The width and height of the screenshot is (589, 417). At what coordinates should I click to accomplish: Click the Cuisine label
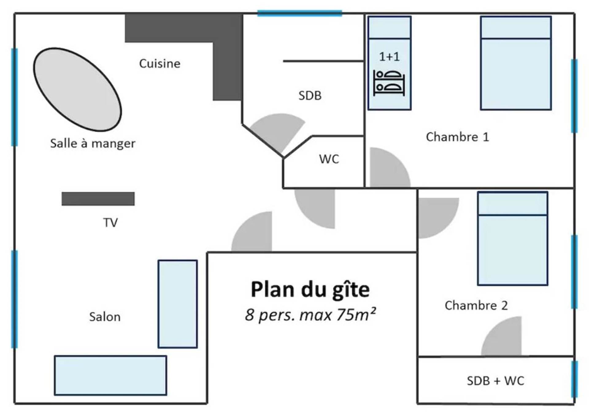(160, 63)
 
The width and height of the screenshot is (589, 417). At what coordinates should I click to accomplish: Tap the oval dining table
(77, 89)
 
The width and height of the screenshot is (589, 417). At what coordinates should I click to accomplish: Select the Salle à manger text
(93, 143)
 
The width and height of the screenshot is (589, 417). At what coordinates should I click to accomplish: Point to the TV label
(110, 223)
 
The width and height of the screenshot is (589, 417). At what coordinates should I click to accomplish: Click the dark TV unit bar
(98, 199)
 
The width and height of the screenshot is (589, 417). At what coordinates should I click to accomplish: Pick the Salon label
(105, 317)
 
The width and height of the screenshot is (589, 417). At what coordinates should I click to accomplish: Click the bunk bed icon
(389, 83)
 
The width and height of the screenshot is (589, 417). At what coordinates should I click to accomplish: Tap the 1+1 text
(389, 57)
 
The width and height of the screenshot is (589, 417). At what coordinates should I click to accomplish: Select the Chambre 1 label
(457, 137)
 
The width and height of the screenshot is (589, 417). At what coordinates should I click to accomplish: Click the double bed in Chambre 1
(516, 63)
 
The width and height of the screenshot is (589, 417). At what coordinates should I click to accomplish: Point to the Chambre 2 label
(476, 305)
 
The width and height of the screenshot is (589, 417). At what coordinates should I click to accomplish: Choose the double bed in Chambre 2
(513, 239)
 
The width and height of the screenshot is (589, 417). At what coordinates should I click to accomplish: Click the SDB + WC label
(495, 381)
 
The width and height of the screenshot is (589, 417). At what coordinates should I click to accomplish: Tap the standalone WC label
(329, 159)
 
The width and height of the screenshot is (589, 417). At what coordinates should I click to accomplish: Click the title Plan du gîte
(310, 290)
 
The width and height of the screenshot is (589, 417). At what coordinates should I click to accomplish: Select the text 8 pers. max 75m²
(310, 315)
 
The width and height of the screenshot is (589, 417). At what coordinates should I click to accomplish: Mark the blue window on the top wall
(300, 13)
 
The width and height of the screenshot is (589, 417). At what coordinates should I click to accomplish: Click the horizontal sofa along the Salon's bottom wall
(110, 375)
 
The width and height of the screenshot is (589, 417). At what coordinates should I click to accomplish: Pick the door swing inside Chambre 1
(390, 167)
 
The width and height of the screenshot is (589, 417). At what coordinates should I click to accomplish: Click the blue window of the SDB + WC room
(574, 379)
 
